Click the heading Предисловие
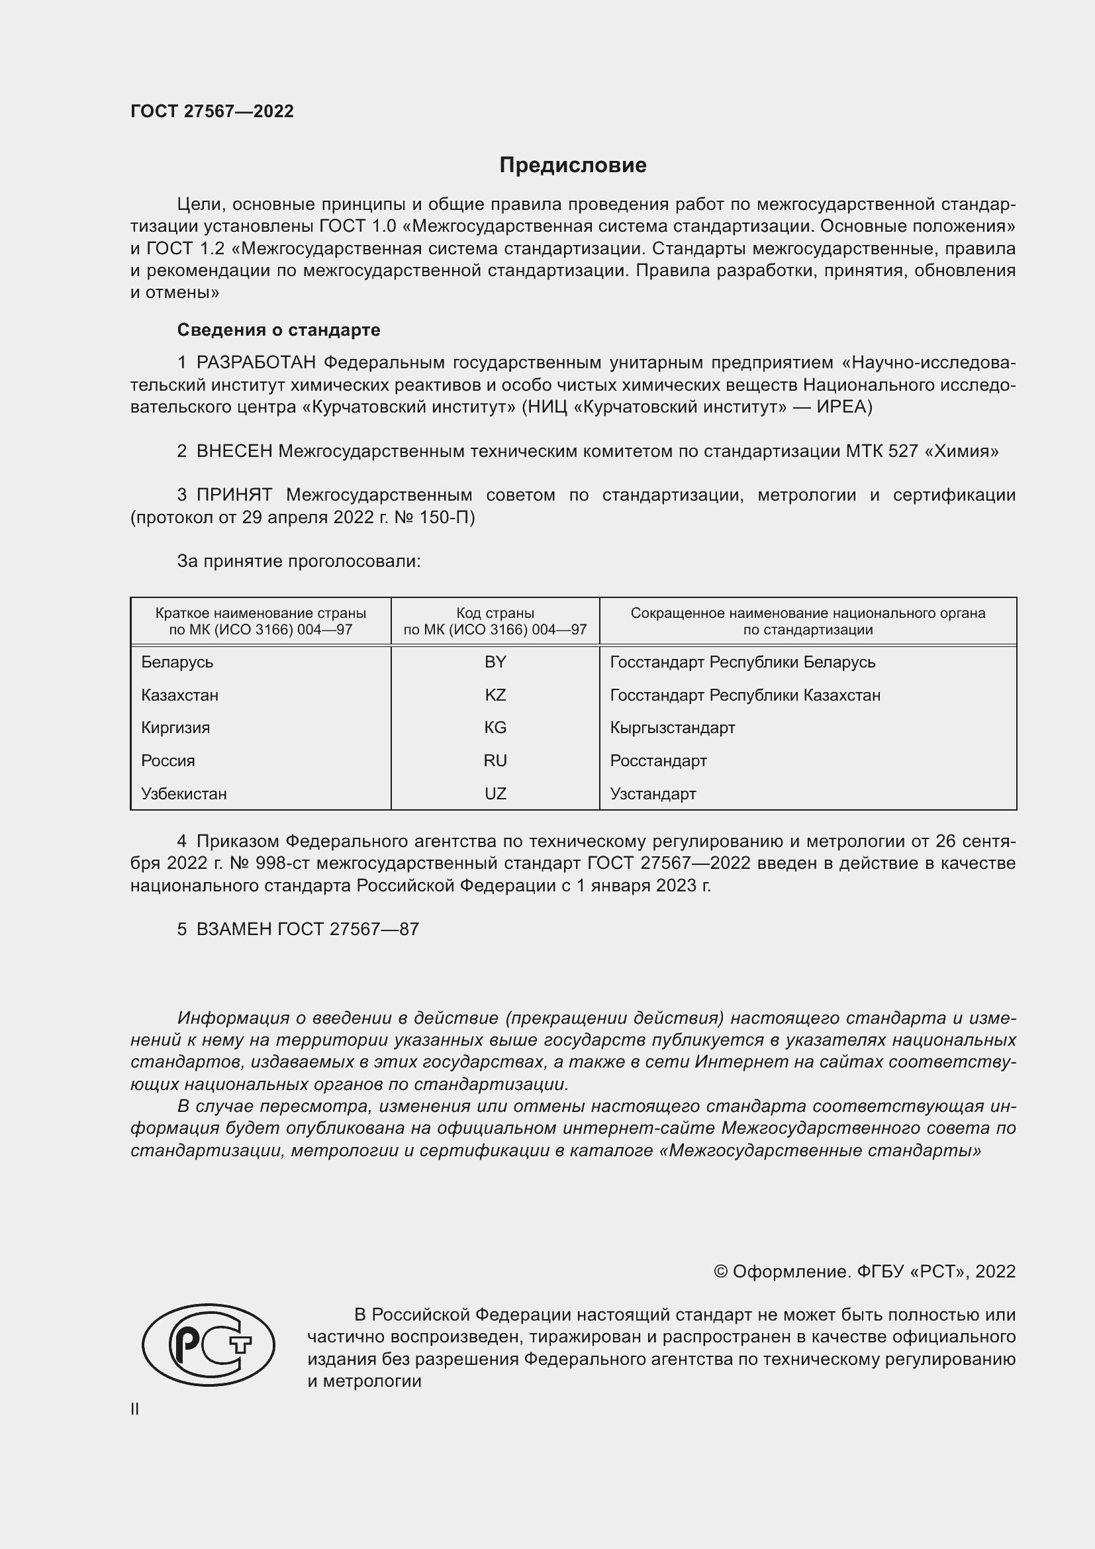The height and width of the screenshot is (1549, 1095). click(573, 166)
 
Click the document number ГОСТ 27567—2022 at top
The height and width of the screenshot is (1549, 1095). click(212, 111)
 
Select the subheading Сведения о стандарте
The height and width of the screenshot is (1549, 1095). click(278, 330)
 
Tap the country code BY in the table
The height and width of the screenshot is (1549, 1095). click(495, 662)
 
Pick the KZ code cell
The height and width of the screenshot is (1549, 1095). click(495, 695)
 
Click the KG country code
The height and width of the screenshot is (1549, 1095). click(495, 727)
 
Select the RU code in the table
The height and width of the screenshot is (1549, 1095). click(495, 760)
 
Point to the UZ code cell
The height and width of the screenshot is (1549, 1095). click(495, 793)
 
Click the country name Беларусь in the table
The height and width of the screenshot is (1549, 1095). click(177, 662)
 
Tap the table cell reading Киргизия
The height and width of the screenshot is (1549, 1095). click(175, 727)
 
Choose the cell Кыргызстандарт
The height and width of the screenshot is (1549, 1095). click(671, 727)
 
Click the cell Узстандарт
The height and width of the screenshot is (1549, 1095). click(653, 793)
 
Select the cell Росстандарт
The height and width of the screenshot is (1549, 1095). click(658, 760)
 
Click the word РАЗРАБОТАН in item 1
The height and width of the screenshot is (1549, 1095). click(256, 363)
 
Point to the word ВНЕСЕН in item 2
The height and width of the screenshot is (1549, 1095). click(234, 452)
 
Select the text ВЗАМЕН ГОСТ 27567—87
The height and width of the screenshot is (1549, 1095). click(307, 929)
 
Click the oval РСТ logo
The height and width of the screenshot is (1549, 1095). click(208, 1344)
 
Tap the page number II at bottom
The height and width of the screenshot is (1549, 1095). click(135, 1409)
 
